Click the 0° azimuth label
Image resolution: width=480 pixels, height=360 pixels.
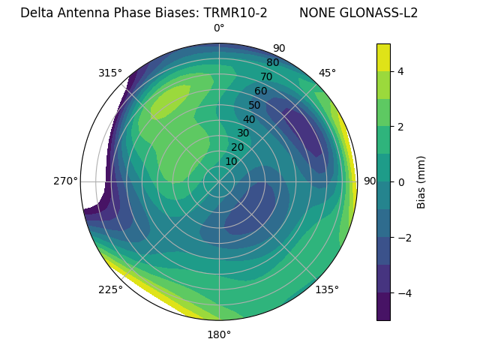(x=219, y=28)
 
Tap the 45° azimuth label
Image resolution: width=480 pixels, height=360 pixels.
(x=327, y=73)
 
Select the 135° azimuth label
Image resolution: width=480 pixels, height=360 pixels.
(x=327, y=289)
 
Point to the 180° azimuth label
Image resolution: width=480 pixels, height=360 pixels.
(x=219, y=334)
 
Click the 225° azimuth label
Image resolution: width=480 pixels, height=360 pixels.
(x=110, y=289)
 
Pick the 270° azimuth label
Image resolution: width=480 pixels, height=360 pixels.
(x=65, y=181)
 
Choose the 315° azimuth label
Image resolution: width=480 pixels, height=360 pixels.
(x=110, y=73)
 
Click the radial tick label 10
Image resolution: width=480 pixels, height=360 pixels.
(x=231, y=161)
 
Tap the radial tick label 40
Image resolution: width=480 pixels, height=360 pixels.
(x=249, y=120)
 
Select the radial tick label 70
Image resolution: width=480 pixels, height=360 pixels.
(x=266, y=76)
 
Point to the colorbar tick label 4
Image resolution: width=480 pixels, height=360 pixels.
(x=401, y=71)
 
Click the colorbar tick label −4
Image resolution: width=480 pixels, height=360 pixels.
(x=404, y=292)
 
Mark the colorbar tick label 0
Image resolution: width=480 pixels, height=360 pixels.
(x=401, y=181)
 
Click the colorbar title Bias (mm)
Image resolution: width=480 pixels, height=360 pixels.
(x=421, y=181)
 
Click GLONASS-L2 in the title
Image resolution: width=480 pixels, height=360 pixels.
(x=380, y=13)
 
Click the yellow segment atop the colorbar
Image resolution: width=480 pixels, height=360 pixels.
(x=383, y=57)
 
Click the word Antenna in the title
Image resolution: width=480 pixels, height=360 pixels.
(x=80, y=13)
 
